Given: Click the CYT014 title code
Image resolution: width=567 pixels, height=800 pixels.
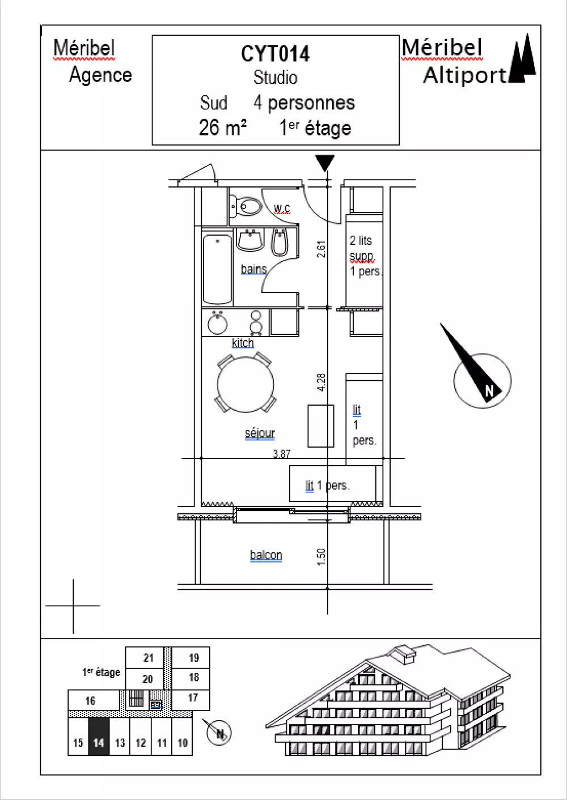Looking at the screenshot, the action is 275,54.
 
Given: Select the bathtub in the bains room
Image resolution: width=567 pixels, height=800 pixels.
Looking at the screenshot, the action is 217,269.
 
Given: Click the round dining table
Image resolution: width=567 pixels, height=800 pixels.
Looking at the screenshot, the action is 246,385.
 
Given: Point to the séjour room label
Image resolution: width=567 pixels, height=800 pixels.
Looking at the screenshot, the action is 260,433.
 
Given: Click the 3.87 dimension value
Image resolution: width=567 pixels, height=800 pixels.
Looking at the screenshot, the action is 282,454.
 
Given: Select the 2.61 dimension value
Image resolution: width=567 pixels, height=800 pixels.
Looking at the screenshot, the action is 321,249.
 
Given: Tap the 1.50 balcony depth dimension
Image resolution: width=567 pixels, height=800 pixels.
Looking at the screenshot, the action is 321,557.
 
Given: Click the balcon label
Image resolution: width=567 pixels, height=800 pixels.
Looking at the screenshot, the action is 266,555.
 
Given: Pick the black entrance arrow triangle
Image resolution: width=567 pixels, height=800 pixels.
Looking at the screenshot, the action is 325,163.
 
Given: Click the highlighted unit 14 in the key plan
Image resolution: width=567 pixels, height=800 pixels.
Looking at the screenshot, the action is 99,737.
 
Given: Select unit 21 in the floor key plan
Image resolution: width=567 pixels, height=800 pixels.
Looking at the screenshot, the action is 149,657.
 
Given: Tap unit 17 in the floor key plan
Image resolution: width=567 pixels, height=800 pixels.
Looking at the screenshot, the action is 193,697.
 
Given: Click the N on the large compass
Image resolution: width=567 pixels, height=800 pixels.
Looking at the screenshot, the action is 489,390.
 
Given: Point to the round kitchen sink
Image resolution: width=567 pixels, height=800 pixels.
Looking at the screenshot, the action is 217,323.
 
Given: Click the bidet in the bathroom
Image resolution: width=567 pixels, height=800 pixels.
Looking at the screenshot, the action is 280,242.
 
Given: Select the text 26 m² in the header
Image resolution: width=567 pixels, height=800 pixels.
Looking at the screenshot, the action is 223,127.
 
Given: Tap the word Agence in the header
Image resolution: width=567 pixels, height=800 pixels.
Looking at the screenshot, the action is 100,75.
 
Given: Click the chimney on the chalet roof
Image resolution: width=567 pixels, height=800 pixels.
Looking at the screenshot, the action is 404,654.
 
